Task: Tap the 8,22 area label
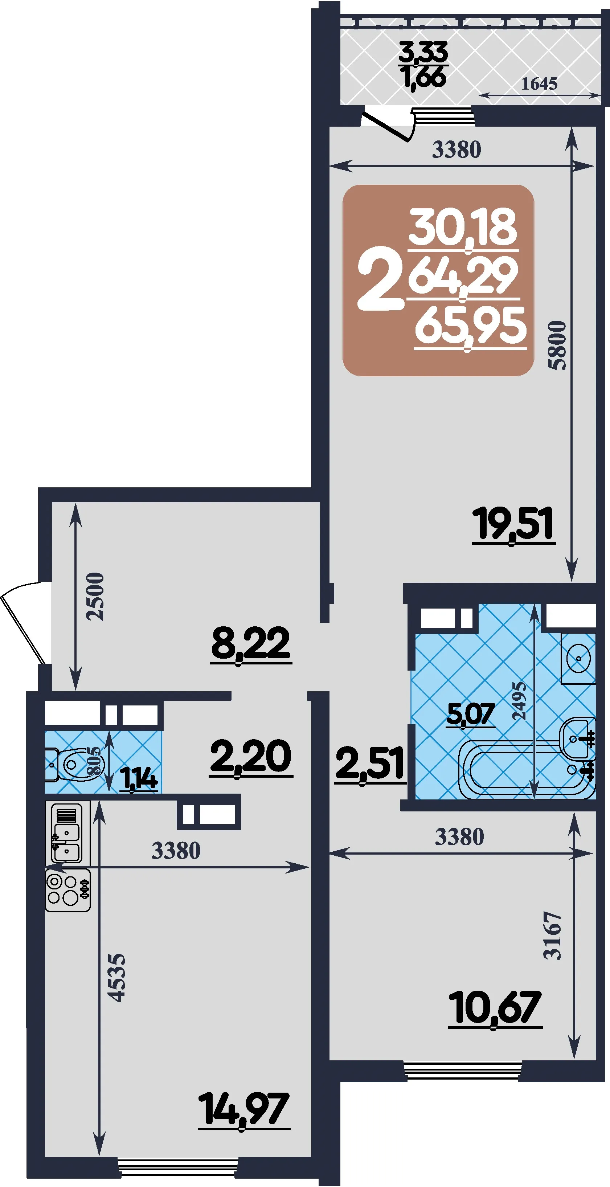click(251, 644)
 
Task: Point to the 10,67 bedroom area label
click(495, 1007)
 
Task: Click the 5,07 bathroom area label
click(471, 715)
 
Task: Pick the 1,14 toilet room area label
click(139, 778)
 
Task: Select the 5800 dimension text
click(557, 345)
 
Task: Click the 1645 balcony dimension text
click(539, 83)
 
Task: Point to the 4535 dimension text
click(116, 978)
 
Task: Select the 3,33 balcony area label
click(423, 52)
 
